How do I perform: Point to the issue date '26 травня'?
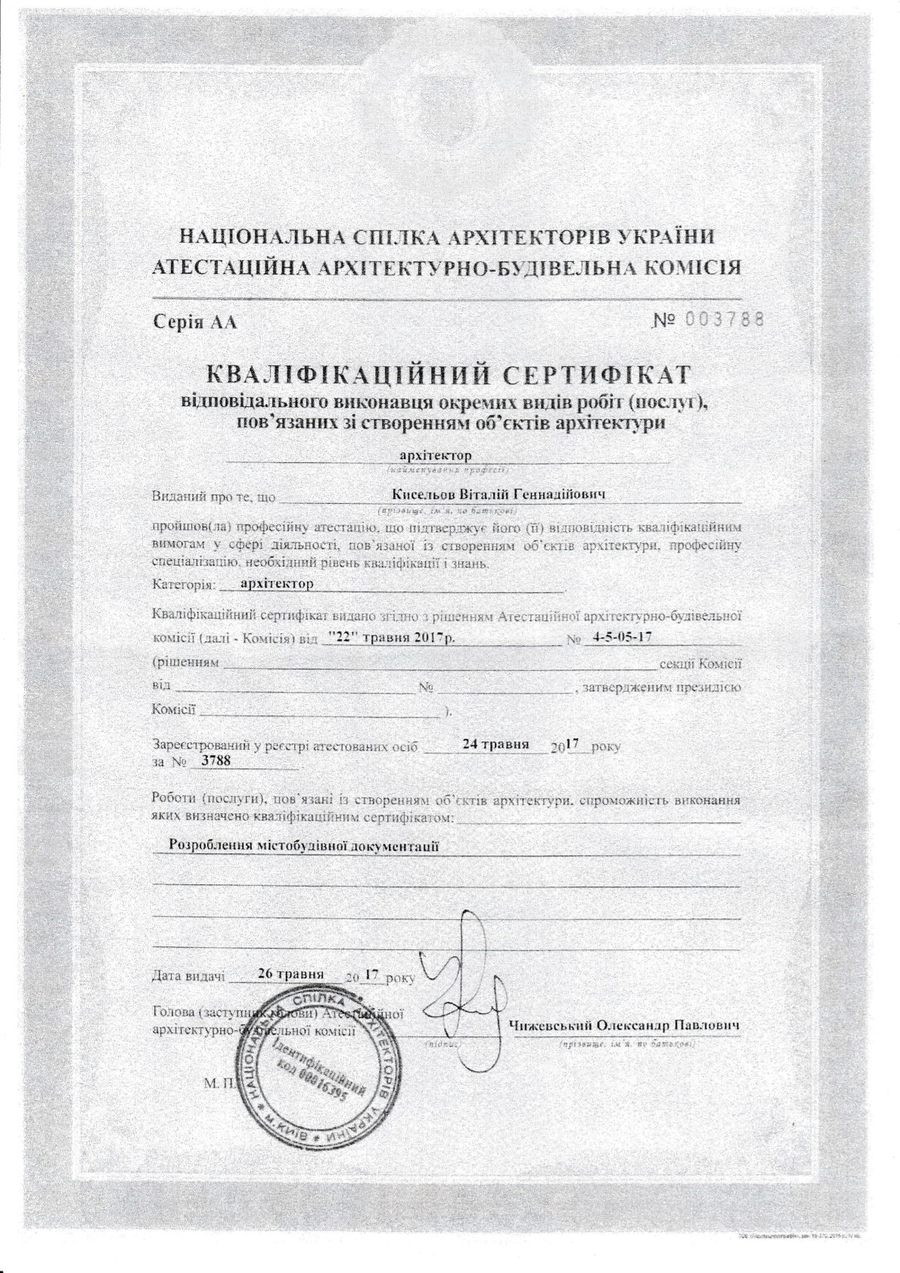[290, 973]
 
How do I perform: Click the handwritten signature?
[461, 976]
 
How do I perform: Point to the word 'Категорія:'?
[185, 585]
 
